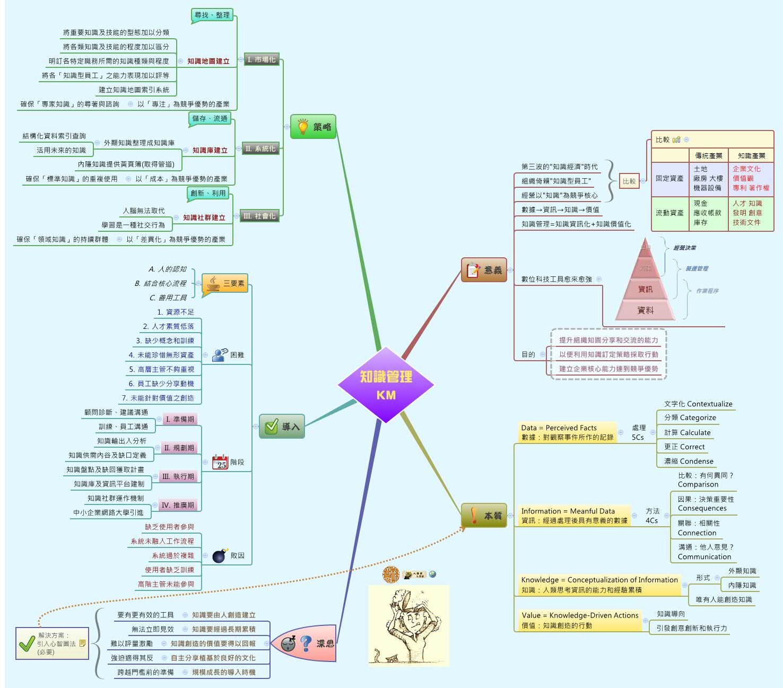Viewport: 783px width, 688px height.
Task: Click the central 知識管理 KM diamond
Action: [386, 385]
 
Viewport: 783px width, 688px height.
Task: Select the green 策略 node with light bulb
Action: [314, 127]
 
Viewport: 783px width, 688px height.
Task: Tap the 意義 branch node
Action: [484, 270]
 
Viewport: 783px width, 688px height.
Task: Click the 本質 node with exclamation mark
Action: [484, 516]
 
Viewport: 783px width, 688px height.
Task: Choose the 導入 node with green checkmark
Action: [282, 426]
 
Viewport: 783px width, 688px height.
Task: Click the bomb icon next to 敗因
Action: [220, 555]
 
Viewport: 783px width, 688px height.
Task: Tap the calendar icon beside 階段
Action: [220, 463]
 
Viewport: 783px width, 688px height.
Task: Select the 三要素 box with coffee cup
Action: [225, 283]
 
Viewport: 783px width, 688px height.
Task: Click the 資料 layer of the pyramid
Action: [645, 310]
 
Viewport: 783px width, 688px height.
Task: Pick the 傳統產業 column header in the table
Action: [708, 155]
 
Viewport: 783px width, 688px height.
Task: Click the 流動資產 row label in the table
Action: [669, 213]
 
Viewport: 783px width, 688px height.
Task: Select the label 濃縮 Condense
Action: [689, 461]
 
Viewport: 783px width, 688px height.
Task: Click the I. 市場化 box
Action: [262, 60]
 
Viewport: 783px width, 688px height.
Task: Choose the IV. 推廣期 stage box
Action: [178, 506]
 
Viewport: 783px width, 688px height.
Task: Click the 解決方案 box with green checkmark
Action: [52, 643]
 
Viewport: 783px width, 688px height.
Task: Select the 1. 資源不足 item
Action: [176, 312]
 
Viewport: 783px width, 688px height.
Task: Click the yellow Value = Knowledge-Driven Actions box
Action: [580, 620]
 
